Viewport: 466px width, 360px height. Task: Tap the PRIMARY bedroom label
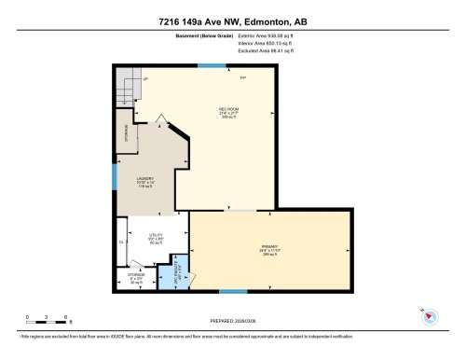click(270, 246)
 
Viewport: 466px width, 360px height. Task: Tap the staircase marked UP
click(128, 89)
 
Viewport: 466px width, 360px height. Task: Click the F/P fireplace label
click(243, 76)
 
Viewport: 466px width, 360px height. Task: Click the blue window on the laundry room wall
click(114, 174)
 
